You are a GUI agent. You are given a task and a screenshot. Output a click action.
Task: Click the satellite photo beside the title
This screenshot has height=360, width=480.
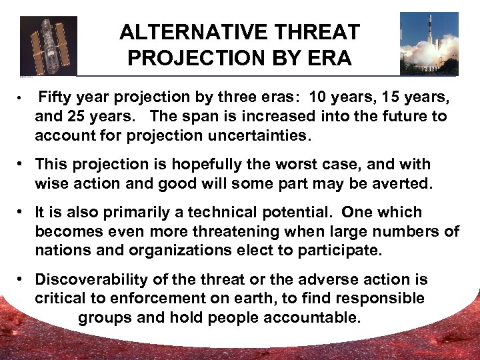[x=48, y=45]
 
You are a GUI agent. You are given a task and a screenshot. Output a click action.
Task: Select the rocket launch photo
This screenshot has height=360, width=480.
[x=429, y=44]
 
